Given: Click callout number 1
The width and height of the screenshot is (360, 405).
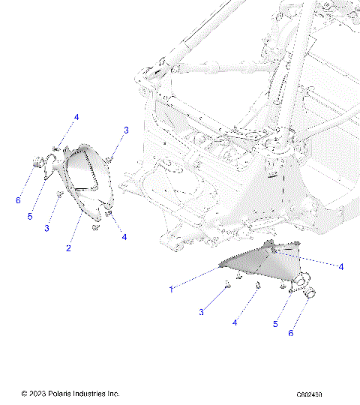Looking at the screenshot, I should click(171, 289).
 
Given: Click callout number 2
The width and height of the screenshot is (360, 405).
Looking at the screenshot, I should click(68, 248).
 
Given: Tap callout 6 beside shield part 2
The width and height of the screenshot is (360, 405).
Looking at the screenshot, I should click(18, 200).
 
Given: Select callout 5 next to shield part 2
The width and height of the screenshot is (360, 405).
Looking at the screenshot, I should click(31, 217).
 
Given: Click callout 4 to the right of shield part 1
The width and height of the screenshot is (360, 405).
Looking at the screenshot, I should click(341, 266).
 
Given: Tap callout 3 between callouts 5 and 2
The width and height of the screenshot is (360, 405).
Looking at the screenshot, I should click(47, 228).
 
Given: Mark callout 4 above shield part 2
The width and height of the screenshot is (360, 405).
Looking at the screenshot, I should click(76, 118).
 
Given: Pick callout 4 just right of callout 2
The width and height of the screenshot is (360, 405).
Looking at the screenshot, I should click(124, 237).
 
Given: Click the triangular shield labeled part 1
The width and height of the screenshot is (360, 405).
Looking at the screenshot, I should click(251, 260).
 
